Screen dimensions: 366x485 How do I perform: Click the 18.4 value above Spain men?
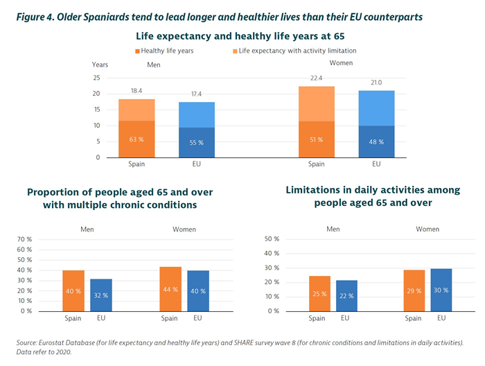136,91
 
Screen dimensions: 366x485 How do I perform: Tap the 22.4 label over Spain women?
317,78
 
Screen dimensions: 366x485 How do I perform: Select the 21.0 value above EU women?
376,83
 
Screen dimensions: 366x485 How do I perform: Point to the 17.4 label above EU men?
196,94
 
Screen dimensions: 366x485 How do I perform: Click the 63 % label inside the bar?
136,140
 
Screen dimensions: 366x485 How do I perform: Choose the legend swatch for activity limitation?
234,51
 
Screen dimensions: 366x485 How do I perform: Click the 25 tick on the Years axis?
96,78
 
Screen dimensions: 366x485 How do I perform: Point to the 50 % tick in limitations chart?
272,239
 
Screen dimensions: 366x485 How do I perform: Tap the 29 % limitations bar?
414,290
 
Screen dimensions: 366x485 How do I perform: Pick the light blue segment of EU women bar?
376,108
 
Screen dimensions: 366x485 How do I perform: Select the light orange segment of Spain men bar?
136,110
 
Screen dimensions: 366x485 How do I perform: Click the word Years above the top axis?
100,64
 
